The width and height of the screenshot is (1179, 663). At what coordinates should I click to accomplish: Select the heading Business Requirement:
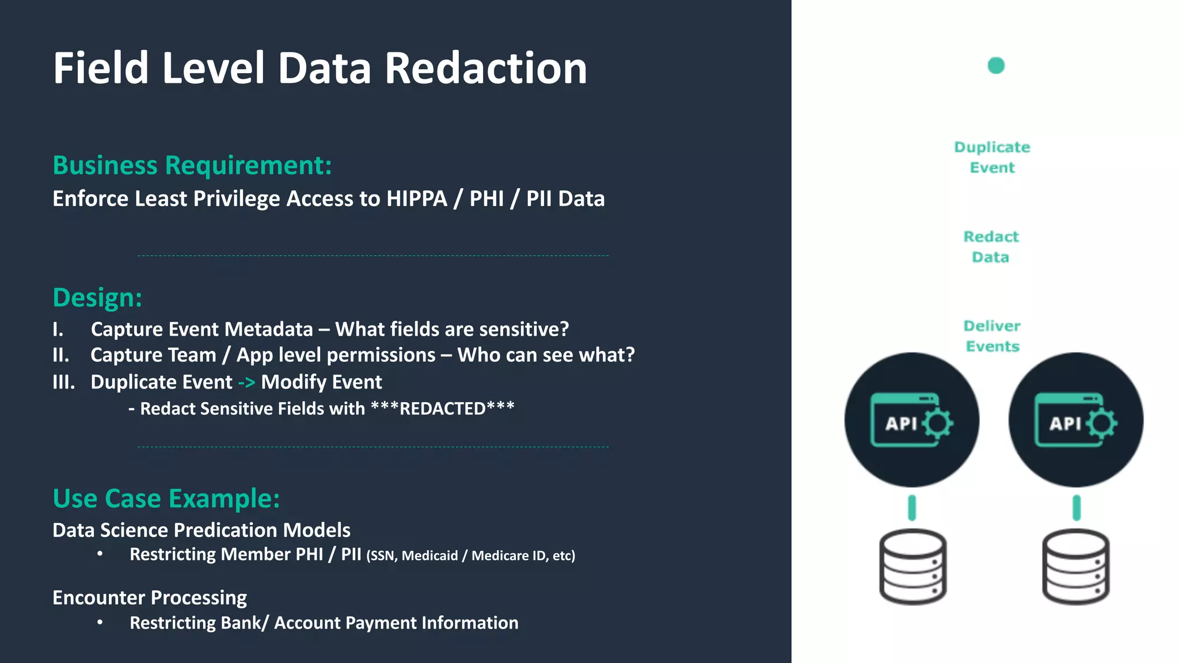[192, 166]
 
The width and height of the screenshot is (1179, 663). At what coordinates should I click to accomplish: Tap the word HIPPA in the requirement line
[417, 199]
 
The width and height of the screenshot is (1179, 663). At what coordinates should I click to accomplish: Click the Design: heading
[97, 298]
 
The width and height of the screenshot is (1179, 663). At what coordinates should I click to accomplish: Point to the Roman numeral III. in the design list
[63, 382]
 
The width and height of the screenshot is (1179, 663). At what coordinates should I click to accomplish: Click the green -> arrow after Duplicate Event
[246, 383]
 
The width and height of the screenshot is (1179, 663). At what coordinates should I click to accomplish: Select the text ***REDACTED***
[442, 409]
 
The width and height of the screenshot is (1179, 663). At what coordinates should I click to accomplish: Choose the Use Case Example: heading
[166, 498]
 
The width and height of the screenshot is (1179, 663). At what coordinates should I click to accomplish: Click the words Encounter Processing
[150, 598]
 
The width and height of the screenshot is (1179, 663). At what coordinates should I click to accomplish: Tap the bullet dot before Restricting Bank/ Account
[100, 622]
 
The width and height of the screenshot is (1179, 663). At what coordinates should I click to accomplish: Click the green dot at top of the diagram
[996, 66]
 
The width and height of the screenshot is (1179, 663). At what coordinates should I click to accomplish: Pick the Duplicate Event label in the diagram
[992, 157]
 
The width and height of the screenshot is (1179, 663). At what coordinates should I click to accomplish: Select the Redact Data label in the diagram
[991, 247]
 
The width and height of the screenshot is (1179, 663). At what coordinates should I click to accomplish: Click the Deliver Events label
[992, 336]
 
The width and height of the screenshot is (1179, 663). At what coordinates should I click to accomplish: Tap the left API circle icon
[911, 420]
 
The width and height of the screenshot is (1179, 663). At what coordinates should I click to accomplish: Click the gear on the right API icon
[1102, 424]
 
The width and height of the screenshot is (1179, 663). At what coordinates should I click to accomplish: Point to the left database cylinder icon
[912, 567]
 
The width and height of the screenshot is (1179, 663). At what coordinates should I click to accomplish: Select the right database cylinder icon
[1075, 567]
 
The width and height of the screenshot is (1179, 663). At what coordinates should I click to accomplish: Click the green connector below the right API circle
[1077, 508]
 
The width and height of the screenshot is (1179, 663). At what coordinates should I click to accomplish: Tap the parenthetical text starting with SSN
[470, 556]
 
